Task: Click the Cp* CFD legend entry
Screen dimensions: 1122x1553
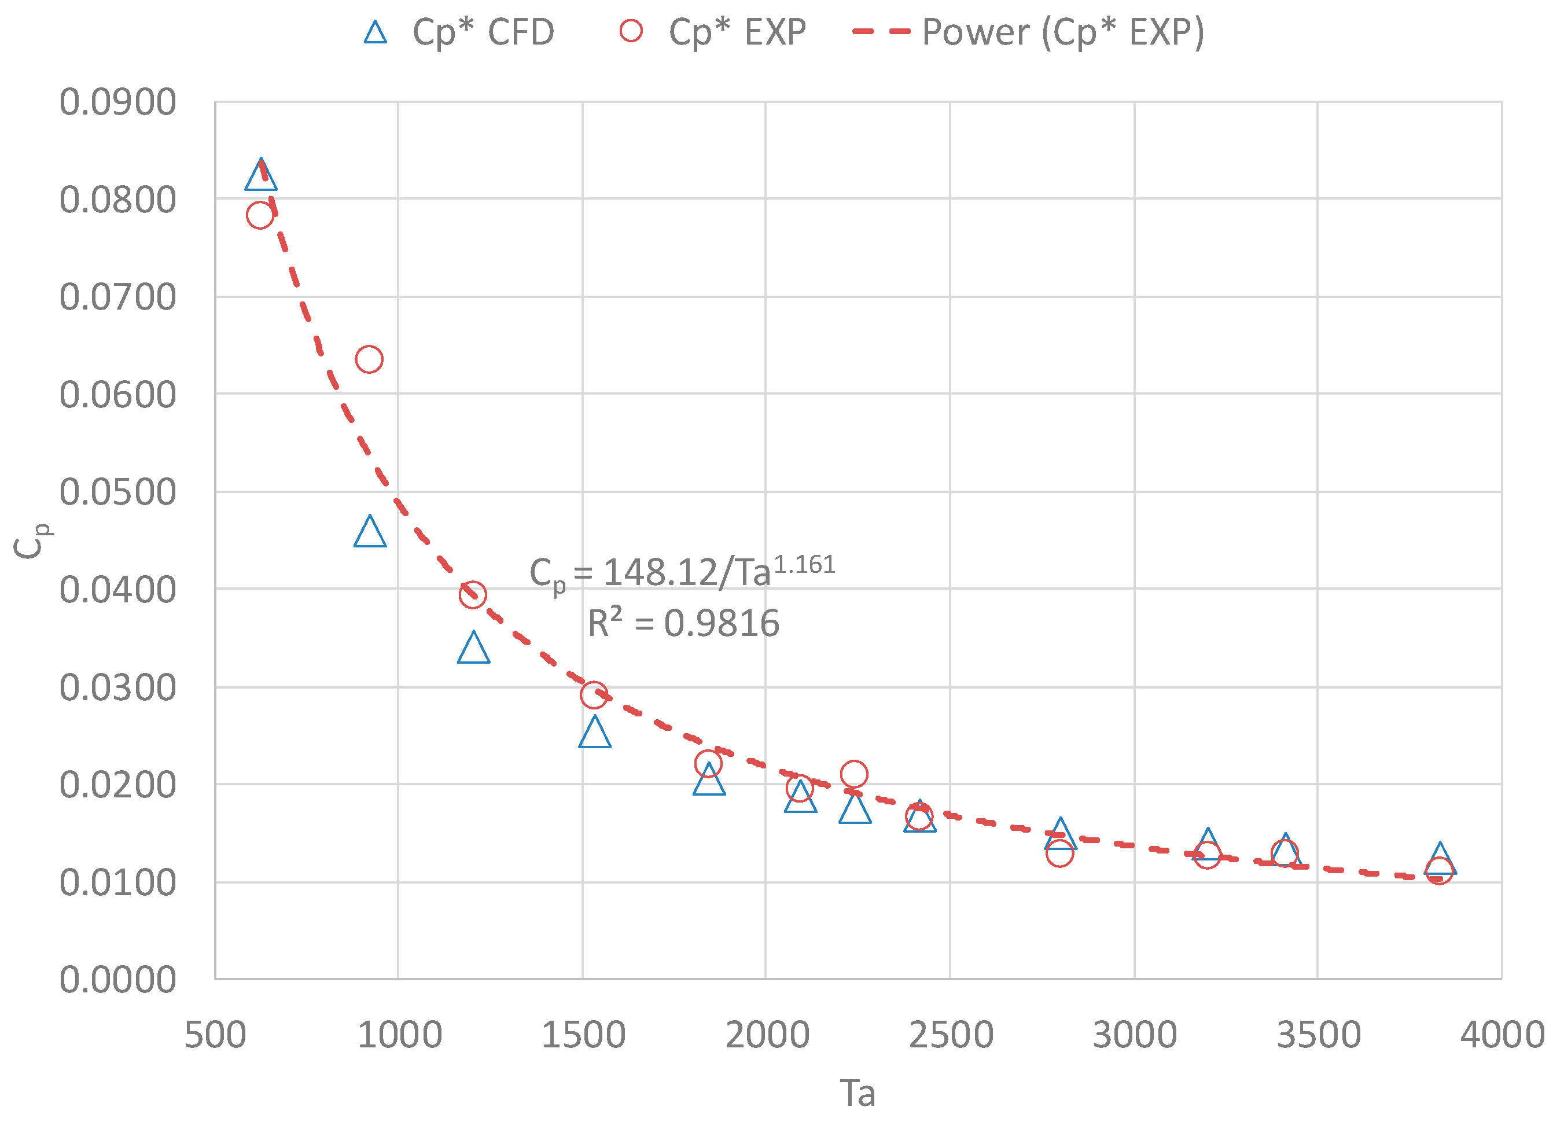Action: coord(459,31)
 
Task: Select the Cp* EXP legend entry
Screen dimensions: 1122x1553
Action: coord(712,31)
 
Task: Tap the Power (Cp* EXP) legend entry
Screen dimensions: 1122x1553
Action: coord(1027,31)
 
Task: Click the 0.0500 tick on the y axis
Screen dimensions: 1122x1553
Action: coord(118,492)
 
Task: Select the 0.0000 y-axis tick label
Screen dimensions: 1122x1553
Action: coord(118,980)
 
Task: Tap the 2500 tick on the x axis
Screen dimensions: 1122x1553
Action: coord(951,1034)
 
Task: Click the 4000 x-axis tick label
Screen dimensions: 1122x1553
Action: coord(1502,1034)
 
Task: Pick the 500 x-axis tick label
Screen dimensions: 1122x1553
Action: coord(215,1034)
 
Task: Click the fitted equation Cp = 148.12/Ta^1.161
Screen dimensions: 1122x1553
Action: coord(682,572)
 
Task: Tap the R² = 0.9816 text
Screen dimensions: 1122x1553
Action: coord(683,623)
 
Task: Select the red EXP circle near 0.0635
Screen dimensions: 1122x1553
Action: coord(369,359)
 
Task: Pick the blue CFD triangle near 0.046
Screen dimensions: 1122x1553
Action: coord(370,533)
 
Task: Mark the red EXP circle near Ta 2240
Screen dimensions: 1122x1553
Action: coord(854,774)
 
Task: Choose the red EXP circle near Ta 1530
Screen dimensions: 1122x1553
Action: coord(594,694)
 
